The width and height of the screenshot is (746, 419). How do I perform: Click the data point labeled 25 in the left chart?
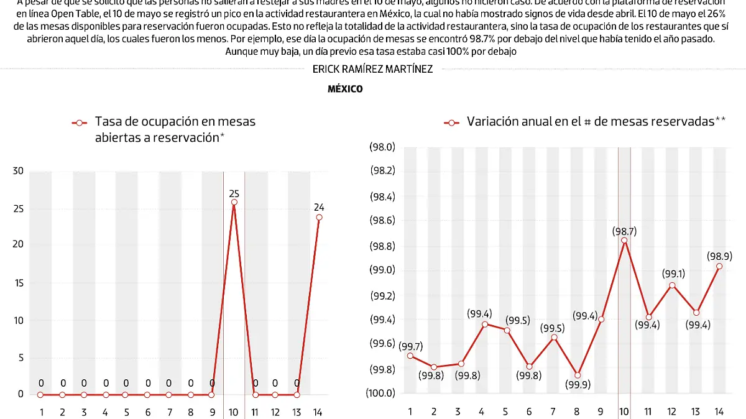(x=234, y=202)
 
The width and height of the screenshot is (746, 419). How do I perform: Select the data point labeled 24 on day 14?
(x=319, y=217)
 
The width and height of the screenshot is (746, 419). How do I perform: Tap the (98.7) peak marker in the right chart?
(x=624, y=241)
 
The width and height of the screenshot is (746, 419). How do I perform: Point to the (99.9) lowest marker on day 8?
(x=578, y=375)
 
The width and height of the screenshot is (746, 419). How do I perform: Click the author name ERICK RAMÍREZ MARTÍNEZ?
(x=372, y=70)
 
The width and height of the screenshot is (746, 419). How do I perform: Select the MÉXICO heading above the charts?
(x=345, y=89)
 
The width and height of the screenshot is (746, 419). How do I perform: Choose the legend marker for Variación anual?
(x=451, y=122)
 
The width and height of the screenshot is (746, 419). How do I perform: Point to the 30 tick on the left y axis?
(x=18, y=172)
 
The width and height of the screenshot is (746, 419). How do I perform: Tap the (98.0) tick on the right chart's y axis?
(x=382, y=147)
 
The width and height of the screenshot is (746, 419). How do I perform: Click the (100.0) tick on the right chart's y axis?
(x=381, y=393)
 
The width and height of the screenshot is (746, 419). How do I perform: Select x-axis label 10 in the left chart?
(x=234, y=412)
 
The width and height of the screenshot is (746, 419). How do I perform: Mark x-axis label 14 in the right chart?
(x=719, y=412)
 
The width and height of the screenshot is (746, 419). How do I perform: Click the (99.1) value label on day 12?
(x=672, y=274)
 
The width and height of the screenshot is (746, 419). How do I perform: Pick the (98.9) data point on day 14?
(x=719, y=266)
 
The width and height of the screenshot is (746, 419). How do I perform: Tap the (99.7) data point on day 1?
(x=410, y=356)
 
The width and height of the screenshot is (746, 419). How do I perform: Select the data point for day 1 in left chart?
(x=41, y=394)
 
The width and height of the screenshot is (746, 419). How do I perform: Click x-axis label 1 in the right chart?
(x=410, y=412)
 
